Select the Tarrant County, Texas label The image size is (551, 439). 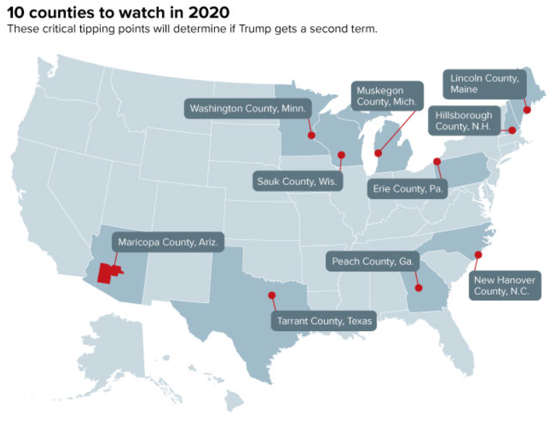pos(324,320)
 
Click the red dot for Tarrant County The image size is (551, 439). pos(272,295)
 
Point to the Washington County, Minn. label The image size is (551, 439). pos(248,109)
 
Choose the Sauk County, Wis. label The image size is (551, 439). pos(295,181)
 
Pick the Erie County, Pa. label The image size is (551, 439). pos(407,188)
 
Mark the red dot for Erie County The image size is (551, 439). pos(437,161)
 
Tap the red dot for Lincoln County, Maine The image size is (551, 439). pos(527,109)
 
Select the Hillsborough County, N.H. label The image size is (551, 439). pos(464,122)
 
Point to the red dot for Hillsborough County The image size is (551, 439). pos(512,129)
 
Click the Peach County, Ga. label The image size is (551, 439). pos(372,262)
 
